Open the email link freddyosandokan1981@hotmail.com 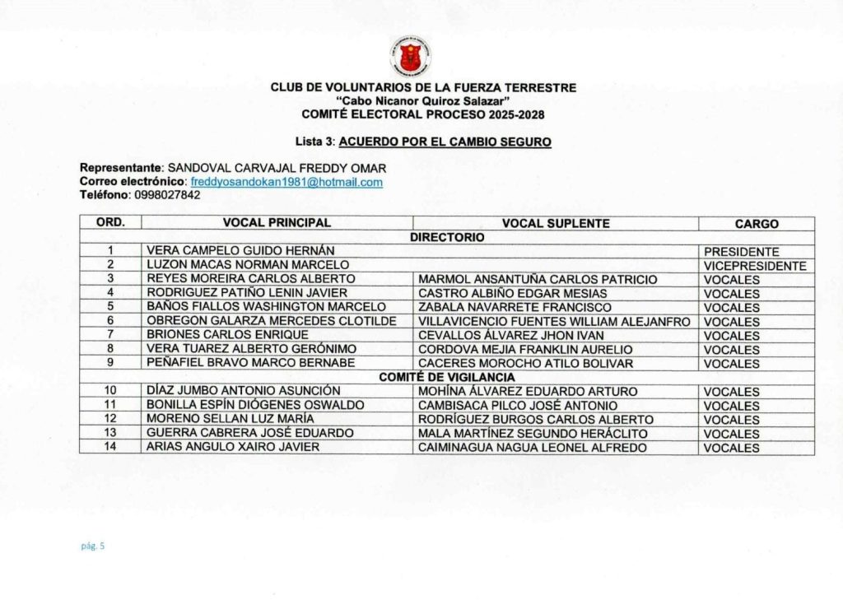pyautogui.click(x=286, y=182)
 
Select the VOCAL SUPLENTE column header pyautogui.click(x=556, y=223)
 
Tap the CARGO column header pyautogui.click(x=757, y=224)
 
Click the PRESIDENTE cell pyautogui.click(x=742, y=252)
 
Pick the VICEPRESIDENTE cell pyautogui.click(x=755, y=266)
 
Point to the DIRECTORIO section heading pyautogui.click(x=447, y=237)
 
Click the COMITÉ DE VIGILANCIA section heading pyautogui.click(x=446, y=377)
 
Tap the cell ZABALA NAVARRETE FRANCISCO pyautogui.click(x=515, y=308)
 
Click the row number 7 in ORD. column pyautogui.click(x=110, y=335)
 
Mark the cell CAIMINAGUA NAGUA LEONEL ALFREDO pyautogui.click(x=533, y=448)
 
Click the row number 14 pyautogui.click(x=110, y=447)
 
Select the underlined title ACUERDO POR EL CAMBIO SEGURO pyautogui.click(x=445, y=142)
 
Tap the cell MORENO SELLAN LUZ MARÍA pyautogui.click(x=230, y=420)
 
